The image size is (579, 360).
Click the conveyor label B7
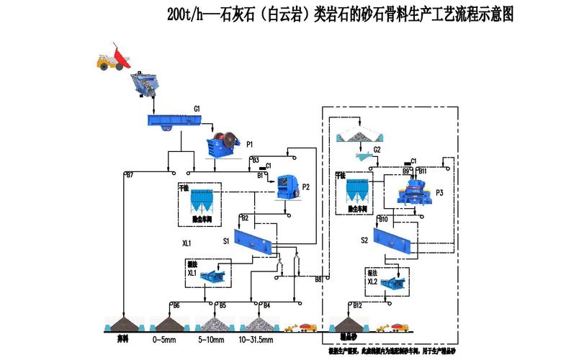coord(130,175)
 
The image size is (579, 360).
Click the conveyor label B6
coord(176,306)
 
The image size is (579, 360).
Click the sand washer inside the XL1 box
coord(212,274)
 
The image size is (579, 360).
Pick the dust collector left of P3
coord(358,192)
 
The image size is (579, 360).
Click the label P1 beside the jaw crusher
coord(250,145)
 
